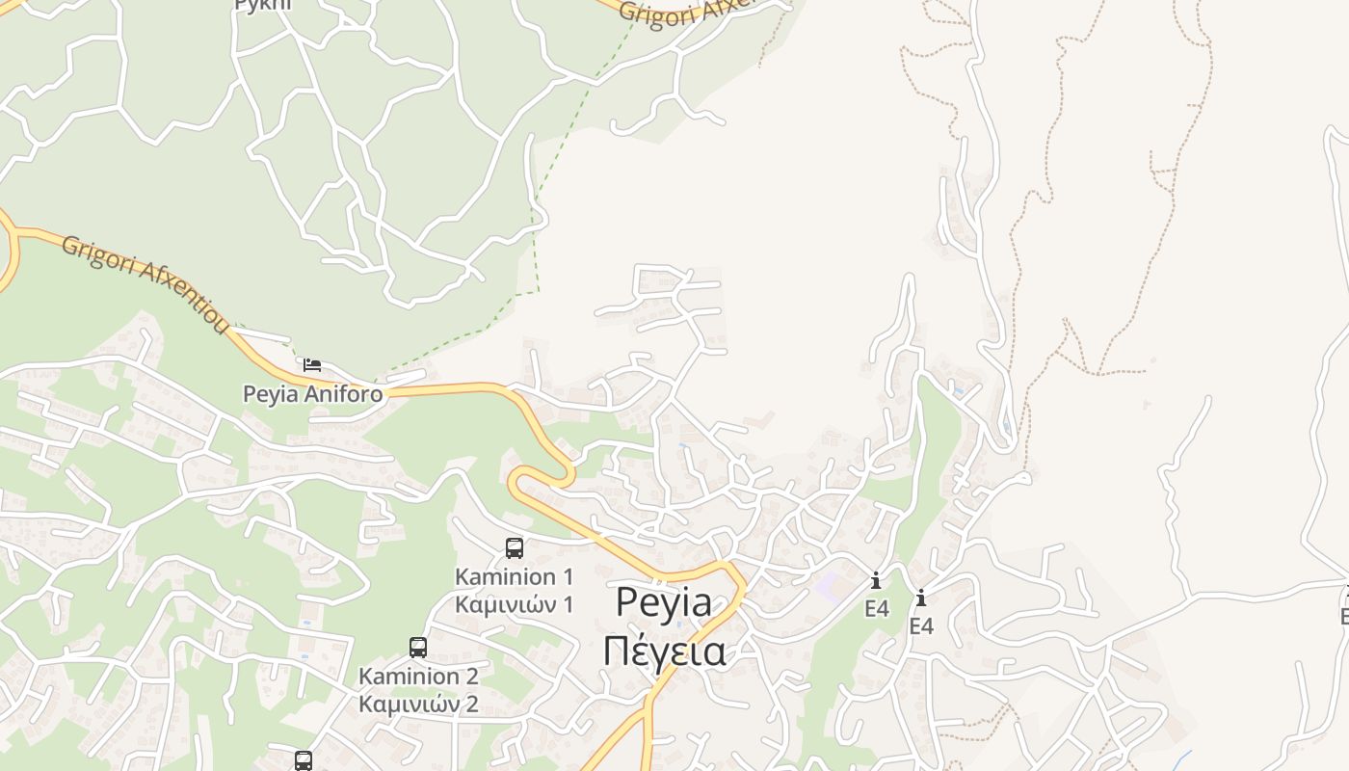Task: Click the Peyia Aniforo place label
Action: point(312,394)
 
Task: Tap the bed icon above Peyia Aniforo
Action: point(311,364)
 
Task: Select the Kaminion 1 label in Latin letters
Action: point(514,576)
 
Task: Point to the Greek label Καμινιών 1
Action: point(514,604)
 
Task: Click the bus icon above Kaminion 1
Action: point(515,547)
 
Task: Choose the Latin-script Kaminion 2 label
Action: point(418,676)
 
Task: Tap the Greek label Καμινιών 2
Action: point(418,704)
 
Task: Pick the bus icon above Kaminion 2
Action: point(418,647)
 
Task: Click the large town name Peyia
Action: point(664,602)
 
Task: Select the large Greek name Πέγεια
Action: point(664,651)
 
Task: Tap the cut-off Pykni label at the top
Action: point(262,5)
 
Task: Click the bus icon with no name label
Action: point(304,760)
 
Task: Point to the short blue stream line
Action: point(1181,759)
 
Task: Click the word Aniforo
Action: point(344,394)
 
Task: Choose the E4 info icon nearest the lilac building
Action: point(876,580)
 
